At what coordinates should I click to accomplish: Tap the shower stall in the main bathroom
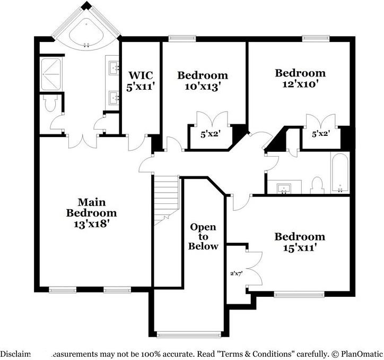pos(51,74)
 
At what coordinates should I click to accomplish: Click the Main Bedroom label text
pos(91,208)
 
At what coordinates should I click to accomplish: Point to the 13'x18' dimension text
pos(91,224)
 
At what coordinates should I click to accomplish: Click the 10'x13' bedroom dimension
pos(203,85)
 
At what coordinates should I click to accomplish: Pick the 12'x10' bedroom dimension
pos(300,83)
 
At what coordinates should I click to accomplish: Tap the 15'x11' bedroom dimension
pos(299,247)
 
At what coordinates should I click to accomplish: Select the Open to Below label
pos(204,236)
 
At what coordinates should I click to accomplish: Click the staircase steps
pos(167,196)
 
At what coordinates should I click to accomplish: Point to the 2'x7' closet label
pos(236,274)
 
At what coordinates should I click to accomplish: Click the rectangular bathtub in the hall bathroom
pos(339,173)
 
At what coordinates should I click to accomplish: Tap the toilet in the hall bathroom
pos(317,185)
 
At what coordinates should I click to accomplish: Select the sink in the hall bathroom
pos(284,187)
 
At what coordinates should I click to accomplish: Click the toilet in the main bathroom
pos(51,103)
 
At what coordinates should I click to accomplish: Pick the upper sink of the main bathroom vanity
pos(114,67)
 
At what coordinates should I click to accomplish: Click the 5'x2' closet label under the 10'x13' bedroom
pos(210,134)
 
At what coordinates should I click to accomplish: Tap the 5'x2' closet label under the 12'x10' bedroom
pos(320,134)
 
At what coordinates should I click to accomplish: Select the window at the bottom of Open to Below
pos(189,334)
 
